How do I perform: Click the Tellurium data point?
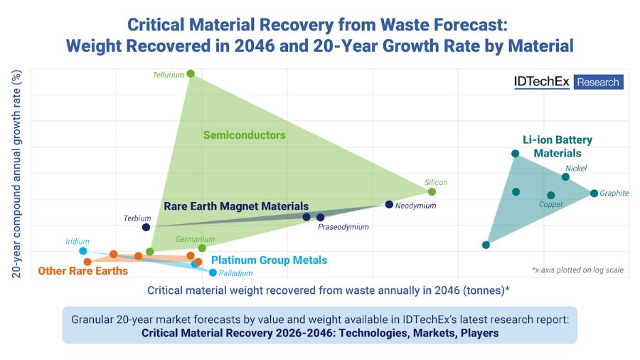coord(191,74)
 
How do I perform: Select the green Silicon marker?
coord(432,192)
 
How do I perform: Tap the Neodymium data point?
coord(389,205)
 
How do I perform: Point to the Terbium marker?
coord(146,228)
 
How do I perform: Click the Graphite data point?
coord(594,194)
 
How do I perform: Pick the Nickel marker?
coord(565,177)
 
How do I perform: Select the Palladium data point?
coord(213,272)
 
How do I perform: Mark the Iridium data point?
coord(83,251)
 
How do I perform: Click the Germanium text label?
coord(195,239)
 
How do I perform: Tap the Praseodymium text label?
coord(343,227)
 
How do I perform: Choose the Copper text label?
coord(550,205)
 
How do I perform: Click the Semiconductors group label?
coord(244,135)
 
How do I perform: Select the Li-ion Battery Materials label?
coord(558,147)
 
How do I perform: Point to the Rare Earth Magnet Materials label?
coord(236,206)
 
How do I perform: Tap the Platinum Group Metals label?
coord(269,260)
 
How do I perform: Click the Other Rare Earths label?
coord(82,271)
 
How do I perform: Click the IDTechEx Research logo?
coord(568,82)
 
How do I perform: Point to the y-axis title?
coord(16,174)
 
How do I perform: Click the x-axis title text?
coord(328,290)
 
